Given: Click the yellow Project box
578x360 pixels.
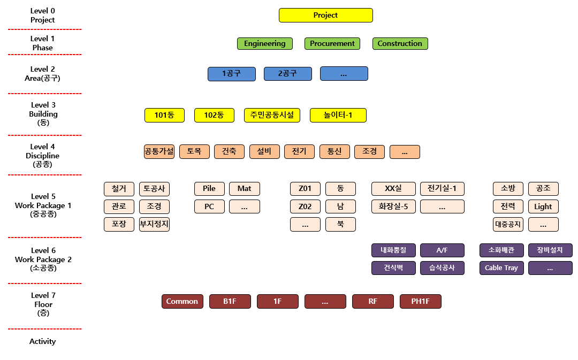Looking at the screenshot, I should click(325, 16).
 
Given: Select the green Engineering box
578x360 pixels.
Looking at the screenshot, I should click(265, 43).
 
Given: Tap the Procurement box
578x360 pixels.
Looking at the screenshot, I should click(332, 43).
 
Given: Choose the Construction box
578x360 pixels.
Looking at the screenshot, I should click(400, 43).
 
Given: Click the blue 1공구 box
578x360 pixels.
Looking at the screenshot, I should click(232, 74).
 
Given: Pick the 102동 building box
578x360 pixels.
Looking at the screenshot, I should click(214, 115).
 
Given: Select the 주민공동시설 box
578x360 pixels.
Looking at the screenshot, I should click(272, 115).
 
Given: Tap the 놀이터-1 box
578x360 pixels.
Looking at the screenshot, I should click(338, 115).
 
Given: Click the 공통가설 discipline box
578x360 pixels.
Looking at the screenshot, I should click(159, 151).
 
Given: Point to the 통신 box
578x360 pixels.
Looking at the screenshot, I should click(334, 151).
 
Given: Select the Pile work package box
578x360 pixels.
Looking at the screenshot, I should click(209, 188).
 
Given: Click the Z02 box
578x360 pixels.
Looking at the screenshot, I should click(305, 206).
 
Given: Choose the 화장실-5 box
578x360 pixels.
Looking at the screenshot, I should click(393, 206).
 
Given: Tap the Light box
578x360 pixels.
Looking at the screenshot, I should click(543, 206).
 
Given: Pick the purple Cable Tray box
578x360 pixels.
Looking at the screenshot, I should click(501, 267).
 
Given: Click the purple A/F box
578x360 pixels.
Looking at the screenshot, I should click(442, 250).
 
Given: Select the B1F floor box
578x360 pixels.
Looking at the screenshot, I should click(230, 301).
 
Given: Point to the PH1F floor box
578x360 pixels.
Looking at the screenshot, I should click(421, 301).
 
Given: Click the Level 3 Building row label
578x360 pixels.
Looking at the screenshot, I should click(43, 114).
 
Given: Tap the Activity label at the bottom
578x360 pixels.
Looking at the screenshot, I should click(43, 341).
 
